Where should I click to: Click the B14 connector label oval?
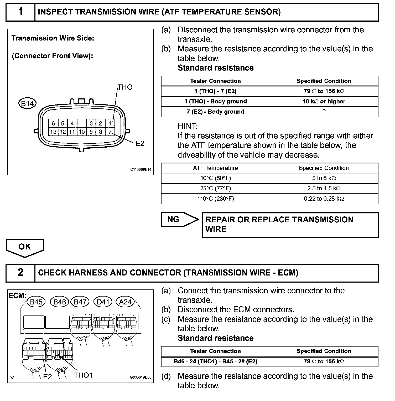27,103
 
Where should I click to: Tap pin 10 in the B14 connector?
82,132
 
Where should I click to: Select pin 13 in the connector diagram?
53,132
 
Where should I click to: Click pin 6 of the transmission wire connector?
53,123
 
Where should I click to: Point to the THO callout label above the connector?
125,87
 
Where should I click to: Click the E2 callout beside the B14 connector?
140,144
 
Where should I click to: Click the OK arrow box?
25,247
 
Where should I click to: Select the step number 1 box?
20,12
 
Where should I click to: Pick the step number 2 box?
20,273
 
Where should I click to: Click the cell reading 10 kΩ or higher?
324,102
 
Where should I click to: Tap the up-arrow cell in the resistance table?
324,112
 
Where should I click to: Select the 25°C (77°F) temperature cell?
215,188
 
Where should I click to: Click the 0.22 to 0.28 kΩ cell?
324,199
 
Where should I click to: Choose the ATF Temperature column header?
215,168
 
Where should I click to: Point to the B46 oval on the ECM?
59,302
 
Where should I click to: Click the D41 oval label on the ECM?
103,302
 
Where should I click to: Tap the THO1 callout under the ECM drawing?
83,375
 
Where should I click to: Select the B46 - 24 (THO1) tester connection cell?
215,362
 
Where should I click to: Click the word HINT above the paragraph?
188,126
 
